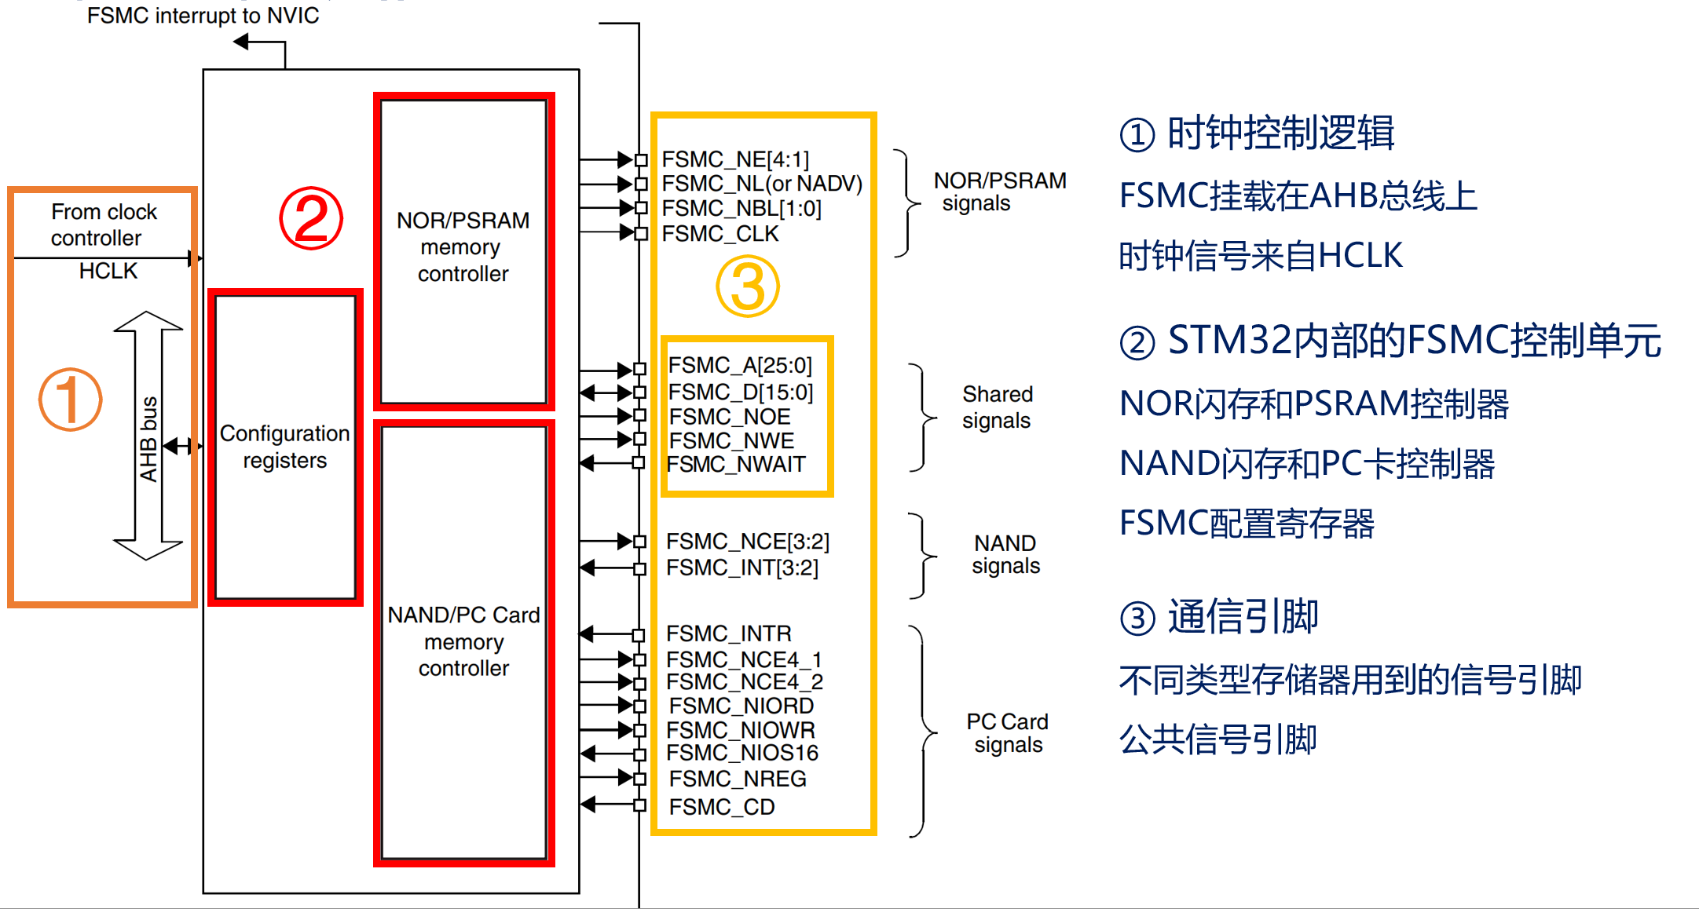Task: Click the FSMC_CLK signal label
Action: tap(720, 234)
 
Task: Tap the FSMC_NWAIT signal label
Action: tap(736, 465)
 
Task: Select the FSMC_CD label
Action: tap(721, 807)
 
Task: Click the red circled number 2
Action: tap(311, 219)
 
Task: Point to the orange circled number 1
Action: tap(71, 400)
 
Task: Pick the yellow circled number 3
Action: tap(747, 287)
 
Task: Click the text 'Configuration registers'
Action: tap(284, 447)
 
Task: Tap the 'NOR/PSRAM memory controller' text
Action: tap(463, 247)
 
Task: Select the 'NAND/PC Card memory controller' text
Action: tap(463, 641)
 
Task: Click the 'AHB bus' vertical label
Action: tap(148, 440)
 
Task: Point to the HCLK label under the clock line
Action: tap(108, 272)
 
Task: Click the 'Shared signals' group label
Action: tap(997, 407)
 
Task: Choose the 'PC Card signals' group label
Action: tap(1007, 733)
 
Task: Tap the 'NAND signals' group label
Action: tap(1005, 554)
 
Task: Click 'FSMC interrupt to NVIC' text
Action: tap(203, 16)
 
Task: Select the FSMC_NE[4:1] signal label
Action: tap(735, 159)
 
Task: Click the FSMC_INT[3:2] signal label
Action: tap(741, 568)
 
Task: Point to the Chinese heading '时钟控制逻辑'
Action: tap(1280, 133)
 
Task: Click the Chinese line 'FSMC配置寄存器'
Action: tap(1247, 524)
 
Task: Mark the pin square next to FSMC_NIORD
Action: tap(639, 706)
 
